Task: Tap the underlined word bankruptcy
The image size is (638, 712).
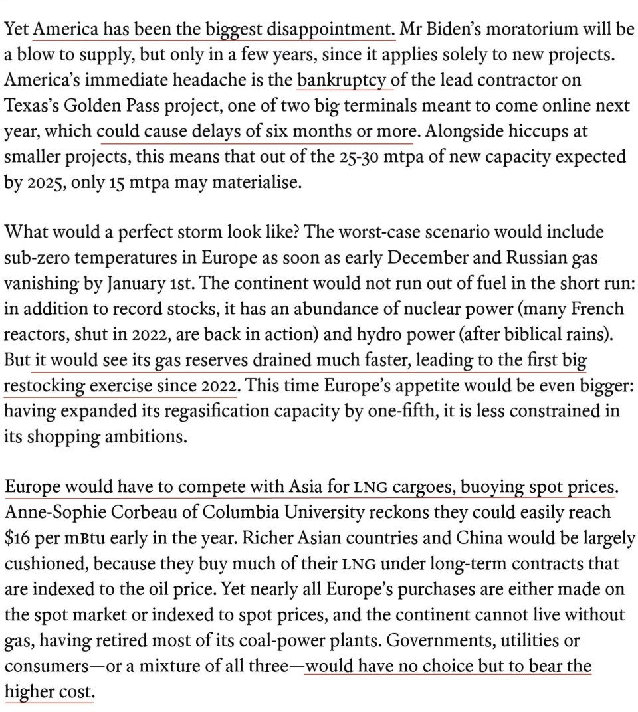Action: click(342, 81)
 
